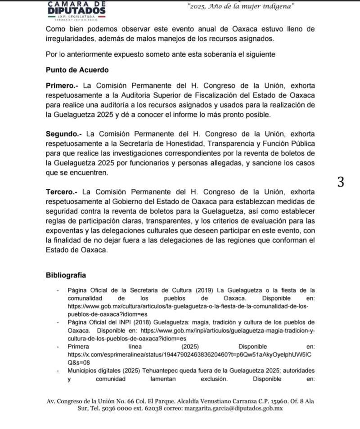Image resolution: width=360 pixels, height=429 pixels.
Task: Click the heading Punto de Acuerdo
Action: tap(77, 70)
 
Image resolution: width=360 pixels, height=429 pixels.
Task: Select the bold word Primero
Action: tap(64, 85)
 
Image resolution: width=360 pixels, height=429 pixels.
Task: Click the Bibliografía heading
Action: tap(66, 275)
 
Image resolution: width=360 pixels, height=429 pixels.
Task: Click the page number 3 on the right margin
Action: tap(341, 182)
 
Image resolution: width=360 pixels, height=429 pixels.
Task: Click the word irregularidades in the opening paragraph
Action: tap(72, 39)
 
